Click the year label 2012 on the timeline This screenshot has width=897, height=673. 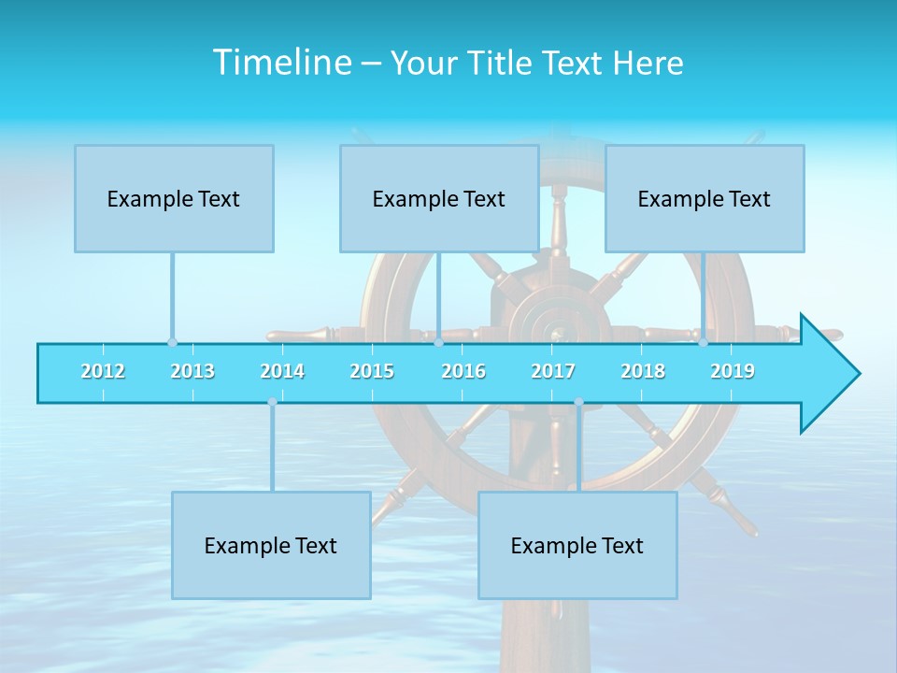tap(103, 371)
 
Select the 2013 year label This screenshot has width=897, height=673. tap(192, 371)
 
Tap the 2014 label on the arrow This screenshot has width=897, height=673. tap(282, 371)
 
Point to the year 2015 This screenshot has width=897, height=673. tap(372, 371)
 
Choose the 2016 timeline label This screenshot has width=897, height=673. tap(463, 371)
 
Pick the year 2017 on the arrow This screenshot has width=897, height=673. tap(553, 371)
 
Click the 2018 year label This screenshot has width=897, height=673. tap(643, 371)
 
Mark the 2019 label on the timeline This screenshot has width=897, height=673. tap(733, 371)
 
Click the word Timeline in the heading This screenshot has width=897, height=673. tap(280, 63)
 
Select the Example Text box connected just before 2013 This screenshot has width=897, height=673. tap(174, 198)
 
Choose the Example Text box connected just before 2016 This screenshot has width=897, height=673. tap(439, 198)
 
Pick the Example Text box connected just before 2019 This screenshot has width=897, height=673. tap(705, 198)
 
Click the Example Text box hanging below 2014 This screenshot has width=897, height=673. tap(271, 545)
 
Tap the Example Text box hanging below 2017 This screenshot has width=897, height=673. tap(577, 545)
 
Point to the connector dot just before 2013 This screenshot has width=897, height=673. tap(172, 343)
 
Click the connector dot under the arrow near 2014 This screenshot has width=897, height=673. tap(272, 402)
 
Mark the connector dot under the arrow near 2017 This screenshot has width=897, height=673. tap(578, 402)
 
